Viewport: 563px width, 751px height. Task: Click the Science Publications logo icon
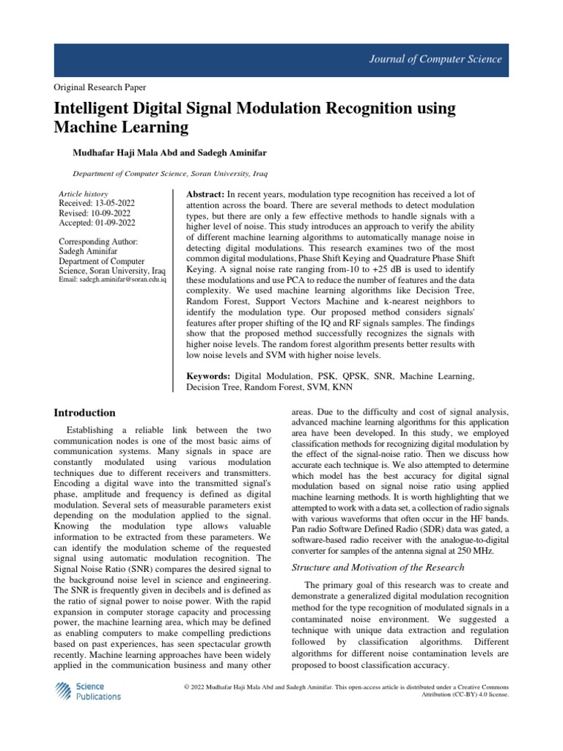(x=64, y=691)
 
